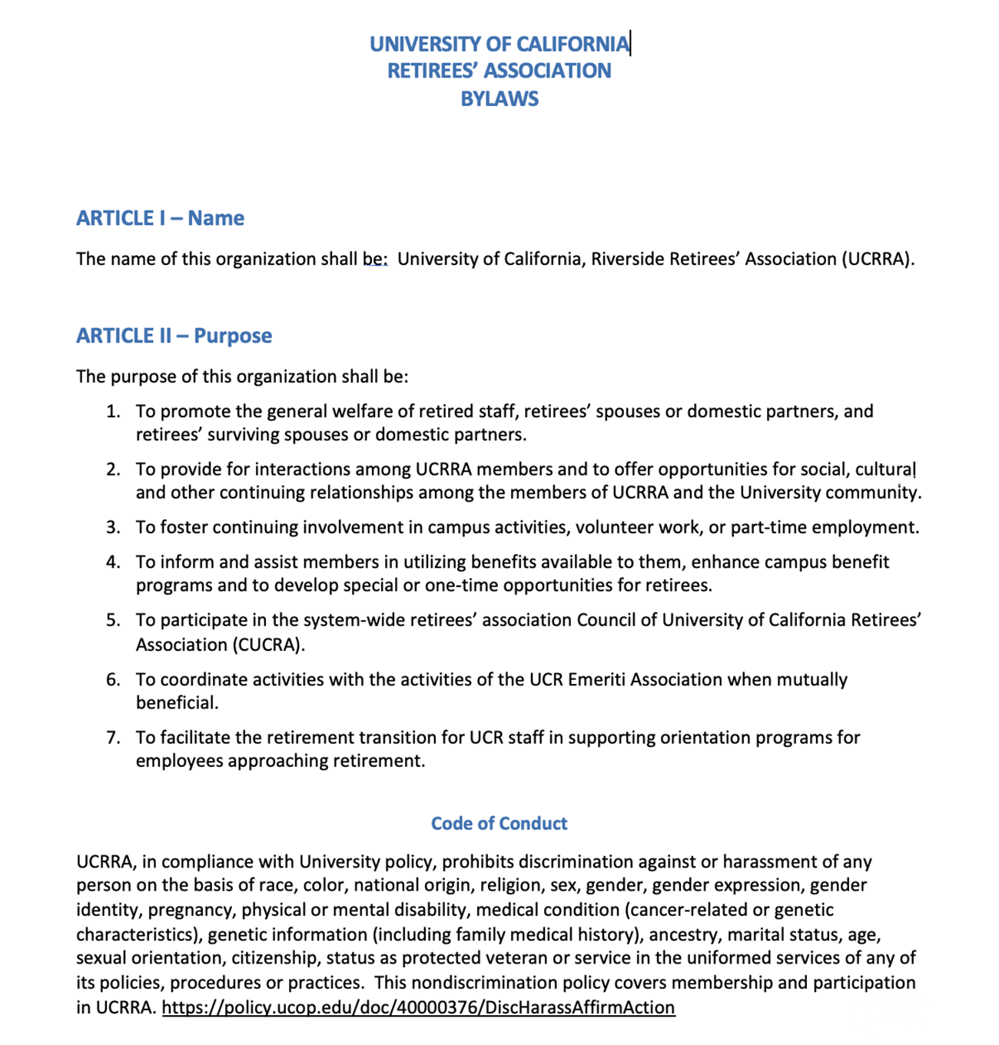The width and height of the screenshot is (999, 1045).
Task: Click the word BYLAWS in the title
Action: click(499, 99)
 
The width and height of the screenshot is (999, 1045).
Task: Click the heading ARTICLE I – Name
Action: click(160, 218)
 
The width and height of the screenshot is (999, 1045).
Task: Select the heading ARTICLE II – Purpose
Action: click(174, 336)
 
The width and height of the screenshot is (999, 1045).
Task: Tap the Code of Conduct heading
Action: click(499, 824)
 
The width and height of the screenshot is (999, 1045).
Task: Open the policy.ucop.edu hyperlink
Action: click(419, 1007)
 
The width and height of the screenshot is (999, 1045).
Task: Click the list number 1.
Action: click(113, 412)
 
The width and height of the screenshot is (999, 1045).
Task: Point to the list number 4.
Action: click(113, 562)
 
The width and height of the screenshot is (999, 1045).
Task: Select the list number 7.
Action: click(113, 738)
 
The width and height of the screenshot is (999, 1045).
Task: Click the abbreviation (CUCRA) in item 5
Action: click(268, 645)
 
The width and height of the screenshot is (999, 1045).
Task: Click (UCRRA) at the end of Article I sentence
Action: click(878, 259)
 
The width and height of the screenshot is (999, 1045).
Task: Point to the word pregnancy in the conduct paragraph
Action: click(192, 911)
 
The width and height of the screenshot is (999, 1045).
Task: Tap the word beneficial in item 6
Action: click(177, 703)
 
